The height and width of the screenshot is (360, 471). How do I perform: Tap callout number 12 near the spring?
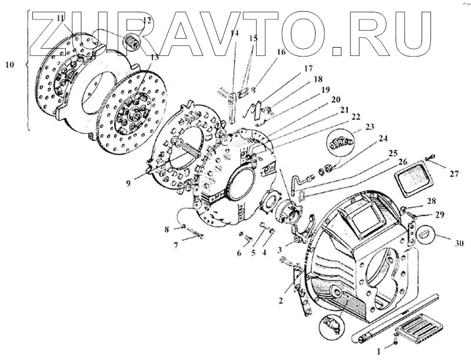pyautogui.click(x=147, y=21)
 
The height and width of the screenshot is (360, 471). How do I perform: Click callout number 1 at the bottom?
pyautogui.click(x=378, y=352)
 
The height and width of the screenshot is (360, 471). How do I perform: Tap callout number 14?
pyautogui.click(x=235, y=34)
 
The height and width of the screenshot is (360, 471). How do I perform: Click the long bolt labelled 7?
pyautogui.click(x=193, y=236)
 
